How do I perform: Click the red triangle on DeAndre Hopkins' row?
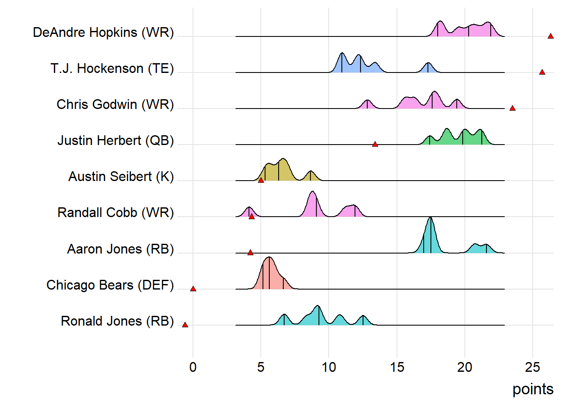pos(550,36)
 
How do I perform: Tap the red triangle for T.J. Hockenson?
pos(542,72)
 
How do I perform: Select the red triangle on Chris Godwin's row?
pos(512,109)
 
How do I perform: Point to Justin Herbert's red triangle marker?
pos(375,145)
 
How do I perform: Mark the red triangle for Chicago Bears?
pos(193,289)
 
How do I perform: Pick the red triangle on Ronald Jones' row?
pos(185,325)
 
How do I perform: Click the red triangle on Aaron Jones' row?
pos(250,253)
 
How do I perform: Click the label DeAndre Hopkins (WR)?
pos(103,33)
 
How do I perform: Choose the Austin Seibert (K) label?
pos(121,176)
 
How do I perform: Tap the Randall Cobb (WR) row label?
pos(116,212)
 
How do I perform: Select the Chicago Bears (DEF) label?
pos(110,285)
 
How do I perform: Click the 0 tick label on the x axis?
pos(193,367)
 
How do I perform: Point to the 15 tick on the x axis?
pos(397,367)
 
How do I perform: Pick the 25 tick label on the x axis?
pos(533,367)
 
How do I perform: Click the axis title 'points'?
pos(533,389)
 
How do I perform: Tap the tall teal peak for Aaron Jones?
pos(430,237)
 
